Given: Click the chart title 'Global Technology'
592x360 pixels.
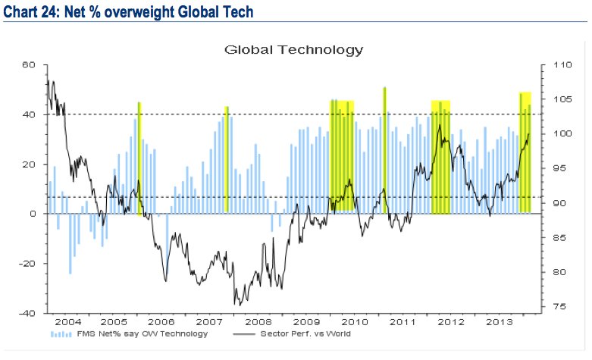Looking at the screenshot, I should click(x=294, y=50).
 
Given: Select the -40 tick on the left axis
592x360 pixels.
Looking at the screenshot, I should click(x=28, y=314).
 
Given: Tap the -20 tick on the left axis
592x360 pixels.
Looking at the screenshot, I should click(x=28, y=264).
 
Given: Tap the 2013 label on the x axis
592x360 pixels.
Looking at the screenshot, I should click(x=502, y=322).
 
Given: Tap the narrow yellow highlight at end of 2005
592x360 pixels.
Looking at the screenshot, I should click(x=139, y=158).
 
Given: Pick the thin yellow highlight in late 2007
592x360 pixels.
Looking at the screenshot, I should click(x=227, y=159).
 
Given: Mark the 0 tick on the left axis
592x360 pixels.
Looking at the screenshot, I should click(x=33, y=214).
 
